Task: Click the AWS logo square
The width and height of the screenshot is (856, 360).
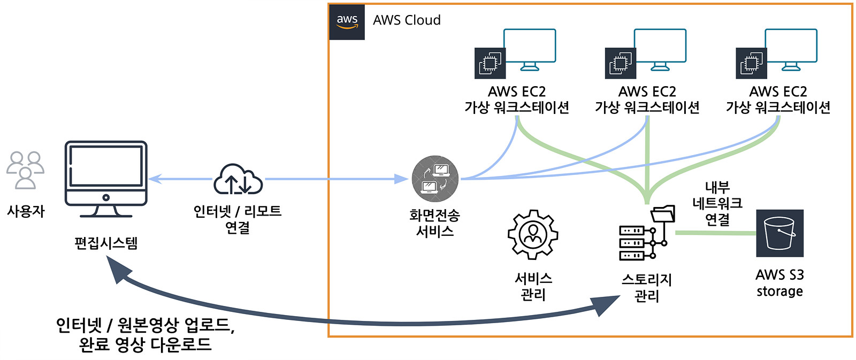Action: (347, 22)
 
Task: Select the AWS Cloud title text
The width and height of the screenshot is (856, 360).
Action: (407, 20)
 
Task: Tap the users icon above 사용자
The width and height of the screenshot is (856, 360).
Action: (25, 170)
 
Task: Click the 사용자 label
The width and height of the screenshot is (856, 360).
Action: (26, 211)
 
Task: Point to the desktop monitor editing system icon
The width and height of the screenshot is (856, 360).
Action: (106, 179)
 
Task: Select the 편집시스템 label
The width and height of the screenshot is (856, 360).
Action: (106, 243)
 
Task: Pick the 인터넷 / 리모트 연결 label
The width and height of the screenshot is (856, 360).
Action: (238, 219)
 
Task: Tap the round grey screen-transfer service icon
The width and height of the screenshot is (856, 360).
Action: (435, 179)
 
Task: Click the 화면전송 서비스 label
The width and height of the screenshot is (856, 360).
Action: (434, 223)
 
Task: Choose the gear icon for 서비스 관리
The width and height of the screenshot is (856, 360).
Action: (533, 234)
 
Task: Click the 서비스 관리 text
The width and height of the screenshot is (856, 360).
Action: (533, 287)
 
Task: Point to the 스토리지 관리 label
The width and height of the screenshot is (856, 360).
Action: (646, 288)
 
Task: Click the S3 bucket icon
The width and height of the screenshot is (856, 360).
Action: (779, 233)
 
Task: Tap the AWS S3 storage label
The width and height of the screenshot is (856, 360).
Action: (779, 283)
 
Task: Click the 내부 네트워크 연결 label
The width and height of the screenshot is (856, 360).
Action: (717, 203)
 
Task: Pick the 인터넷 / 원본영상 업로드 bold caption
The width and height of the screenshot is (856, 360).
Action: (145, 334)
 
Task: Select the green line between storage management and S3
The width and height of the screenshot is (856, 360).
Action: (715, 233)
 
